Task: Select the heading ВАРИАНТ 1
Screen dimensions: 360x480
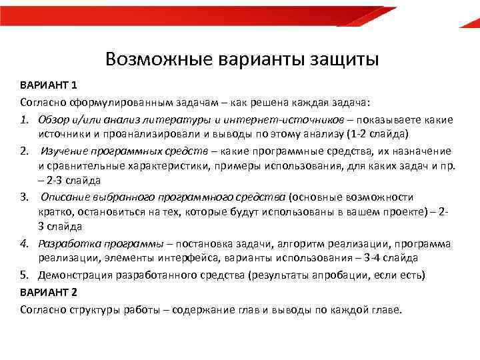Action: coord(49,86)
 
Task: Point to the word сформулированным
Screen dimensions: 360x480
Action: coord(127,103)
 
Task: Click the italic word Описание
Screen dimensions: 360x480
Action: coord(69,197)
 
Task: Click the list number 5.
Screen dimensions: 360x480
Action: coord(24,274)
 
